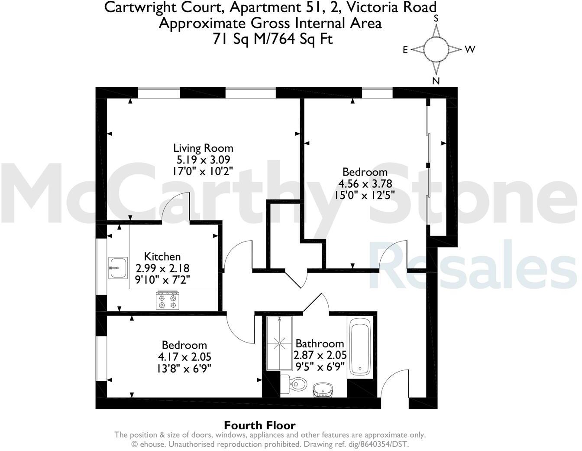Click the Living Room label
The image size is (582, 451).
point(203,148)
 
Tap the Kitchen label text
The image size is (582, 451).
point(162,256)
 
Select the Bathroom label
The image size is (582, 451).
point(320,343)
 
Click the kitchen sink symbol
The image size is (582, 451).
point(118,268)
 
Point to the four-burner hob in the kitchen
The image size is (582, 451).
point(168,301)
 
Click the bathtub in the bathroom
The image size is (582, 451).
point(360,347)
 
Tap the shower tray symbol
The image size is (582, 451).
point(280,343)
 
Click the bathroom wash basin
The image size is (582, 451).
point(323,389)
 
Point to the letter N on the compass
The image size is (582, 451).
point(436,81)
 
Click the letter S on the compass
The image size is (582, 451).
point(436,18)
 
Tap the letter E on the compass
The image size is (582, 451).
point(405,50)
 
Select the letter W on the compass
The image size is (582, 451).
point(470,49)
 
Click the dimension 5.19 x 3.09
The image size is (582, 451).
point(203,159)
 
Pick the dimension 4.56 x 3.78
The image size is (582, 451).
point(365,183)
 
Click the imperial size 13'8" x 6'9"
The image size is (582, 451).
point(184,368)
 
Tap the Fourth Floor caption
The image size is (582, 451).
point(259,425)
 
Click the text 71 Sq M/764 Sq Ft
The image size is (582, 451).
point(272,39)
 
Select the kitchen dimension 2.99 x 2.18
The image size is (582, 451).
point(162,268)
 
